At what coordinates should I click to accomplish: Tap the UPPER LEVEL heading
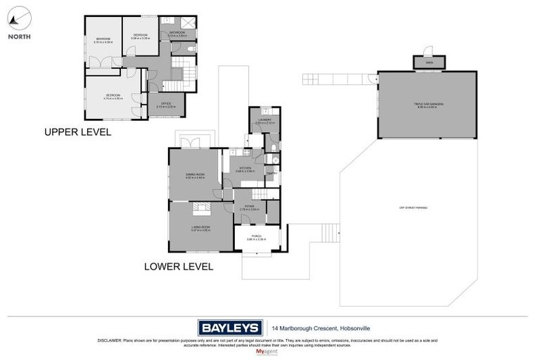pyautogui.click(x=77, y=131)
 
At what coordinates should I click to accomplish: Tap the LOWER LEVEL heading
pyautogui.click(x=179, y=266)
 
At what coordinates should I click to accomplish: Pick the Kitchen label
pyautogui.click(x=244, y=169)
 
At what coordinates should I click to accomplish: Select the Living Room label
pyautogui.click(x=200, y=228)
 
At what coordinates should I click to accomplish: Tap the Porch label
pyautogui.click(x=256, y=239)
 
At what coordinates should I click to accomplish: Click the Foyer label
pyautogui.click(x=250, y=207)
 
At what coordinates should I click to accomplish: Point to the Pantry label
pyautogui.click(x=272, y=173)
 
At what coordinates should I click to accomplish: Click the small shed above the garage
pyautogui.click(x=429, y=62)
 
